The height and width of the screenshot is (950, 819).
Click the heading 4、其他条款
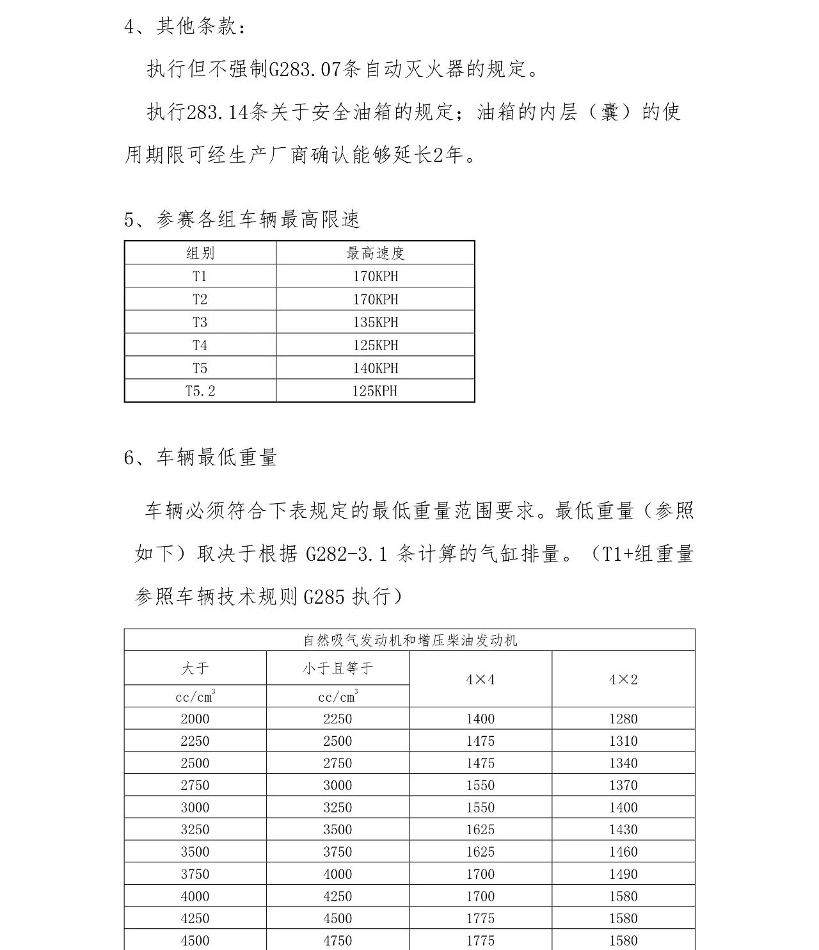point(184,27)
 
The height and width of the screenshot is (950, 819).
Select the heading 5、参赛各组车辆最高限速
point(242,220)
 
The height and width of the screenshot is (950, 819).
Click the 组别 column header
point(200,254)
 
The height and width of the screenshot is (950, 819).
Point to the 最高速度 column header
point(375,254)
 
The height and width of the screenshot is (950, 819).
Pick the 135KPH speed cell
point(375,322)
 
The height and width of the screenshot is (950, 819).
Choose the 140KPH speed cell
point(375,368)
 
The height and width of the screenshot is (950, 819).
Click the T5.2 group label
point(200,391)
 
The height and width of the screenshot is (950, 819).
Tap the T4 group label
point(200,345)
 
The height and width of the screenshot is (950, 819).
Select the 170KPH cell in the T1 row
point(375,277)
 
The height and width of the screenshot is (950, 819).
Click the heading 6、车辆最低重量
point(200,458)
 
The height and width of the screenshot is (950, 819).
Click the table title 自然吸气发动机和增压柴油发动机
point(409,640)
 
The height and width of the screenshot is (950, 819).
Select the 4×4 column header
point(481,679)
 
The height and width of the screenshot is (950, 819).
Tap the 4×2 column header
point(623,679)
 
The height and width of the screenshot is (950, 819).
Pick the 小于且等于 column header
point(337,668)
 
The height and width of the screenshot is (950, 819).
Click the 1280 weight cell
point(623,719)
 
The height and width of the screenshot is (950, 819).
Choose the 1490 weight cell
point(623,874)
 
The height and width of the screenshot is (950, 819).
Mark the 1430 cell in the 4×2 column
point(623,830)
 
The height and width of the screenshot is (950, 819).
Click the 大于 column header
point(195,668)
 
